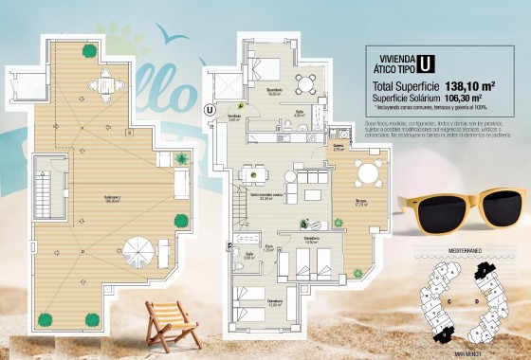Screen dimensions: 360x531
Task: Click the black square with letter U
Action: coord(427,64)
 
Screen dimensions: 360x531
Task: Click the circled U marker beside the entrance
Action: coord(210,109)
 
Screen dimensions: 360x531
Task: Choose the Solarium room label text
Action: coord(91,199)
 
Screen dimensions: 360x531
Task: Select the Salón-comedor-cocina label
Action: coord(247,197)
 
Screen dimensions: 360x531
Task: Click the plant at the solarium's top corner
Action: coord(89,50)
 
